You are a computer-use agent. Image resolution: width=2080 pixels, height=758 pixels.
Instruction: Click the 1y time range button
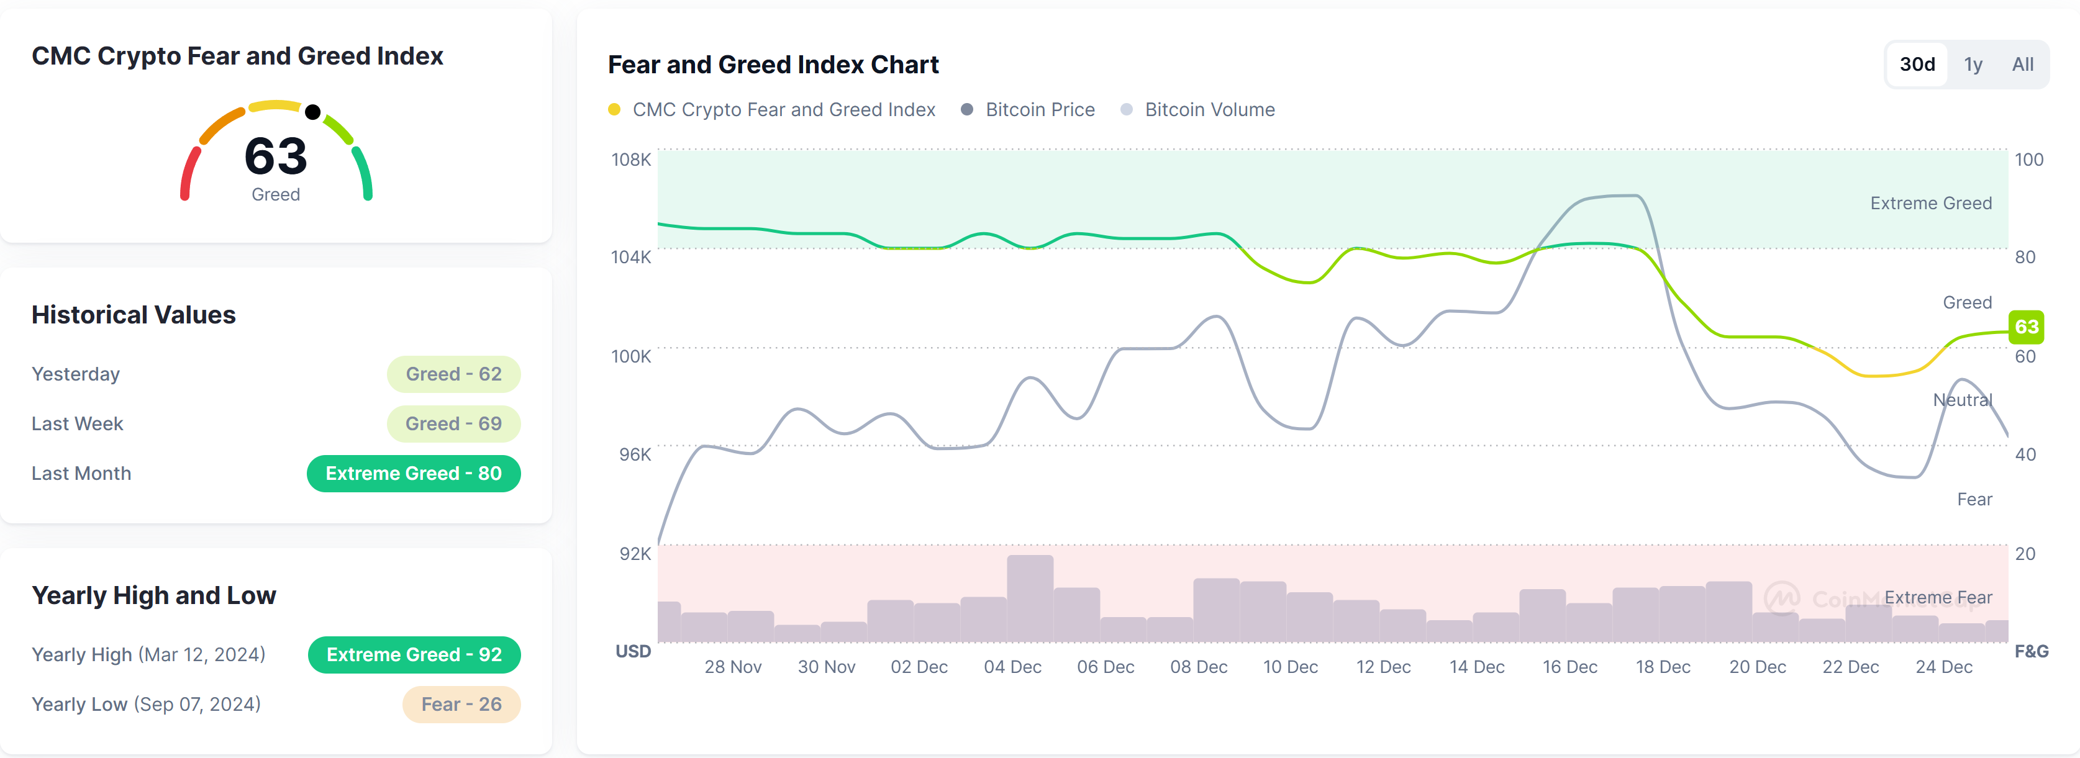(x=1973, y=65)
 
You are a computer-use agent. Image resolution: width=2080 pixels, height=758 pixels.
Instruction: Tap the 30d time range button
(x=1917, y=65)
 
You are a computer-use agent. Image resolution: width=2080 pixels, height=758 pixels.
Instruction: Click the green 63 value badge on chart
(x=2026, y=327)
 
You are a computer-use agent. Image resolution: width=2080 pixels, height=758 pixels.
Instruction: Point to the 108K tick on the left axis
(x=630, y=160)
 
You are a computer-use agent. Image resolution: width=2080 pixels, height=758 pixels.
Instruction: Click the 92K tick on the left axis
(x=634, y=554)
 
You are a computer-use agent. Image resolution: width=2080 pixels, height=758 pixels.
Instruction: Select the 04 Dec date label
(x=1012, y=667)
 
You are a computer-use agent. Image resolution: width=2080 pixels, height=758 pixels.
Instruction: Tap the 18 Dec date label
(x=1663, y=667)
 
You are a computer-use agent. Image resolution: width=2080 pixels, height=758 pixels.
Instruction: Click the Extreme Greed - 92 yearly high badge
(x=414, y=655)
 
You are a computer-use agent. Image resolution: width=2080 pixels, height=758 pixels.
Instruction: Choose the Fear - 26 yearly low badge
(x=461, y=705)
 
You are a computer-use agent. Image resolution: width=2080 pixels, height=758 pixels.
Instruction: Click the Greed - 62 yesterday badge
(x=453, y=374)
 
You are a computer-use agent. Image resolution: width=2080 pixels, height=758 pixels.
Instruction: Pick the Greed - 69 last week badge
(x=453, y=424)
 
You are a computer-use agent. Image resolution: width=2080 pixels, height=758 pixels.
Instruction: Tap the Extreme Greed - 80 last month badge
(x=414, y=474)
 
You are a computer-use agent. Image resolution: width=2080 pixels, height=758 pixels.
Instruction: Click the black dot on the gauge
(x=313, y=112)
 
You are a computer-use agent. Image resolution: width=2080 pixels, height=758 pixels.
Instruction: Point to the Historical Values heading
(x=134, y=315)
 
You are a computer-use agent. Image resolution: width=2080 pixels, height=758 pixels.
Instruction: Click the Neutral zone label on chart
(x=1962, y=400)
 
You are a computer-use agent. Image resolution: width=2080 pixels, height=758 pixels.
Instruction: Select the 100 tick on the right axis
(x=2028, y=160)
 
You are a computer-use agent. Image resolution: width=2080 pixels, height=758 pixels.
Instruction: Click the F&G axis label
(x=2031, y=651)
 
